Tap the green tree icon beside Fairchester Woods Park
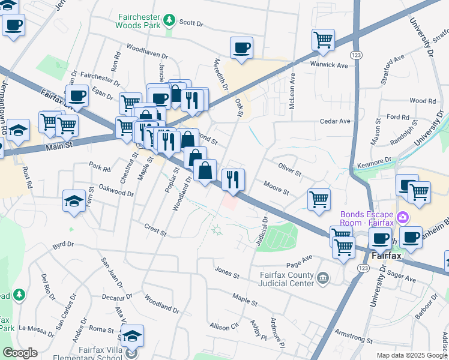(x=170, y=22)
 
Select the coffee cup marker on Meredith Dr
(x=241, y=48)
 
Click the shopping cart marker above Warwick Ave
(x=323, y=40)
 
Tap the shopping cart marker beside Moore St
(x=319, y=199)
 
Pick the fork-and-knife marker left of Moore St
(x=233, y=179)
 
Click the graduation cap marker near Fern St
(x=74, y=200)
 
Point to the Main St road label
(x=59, y=145)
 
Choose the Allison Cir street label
(x=224, y=326)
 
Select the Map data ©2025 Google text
(x=411, y=355)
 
